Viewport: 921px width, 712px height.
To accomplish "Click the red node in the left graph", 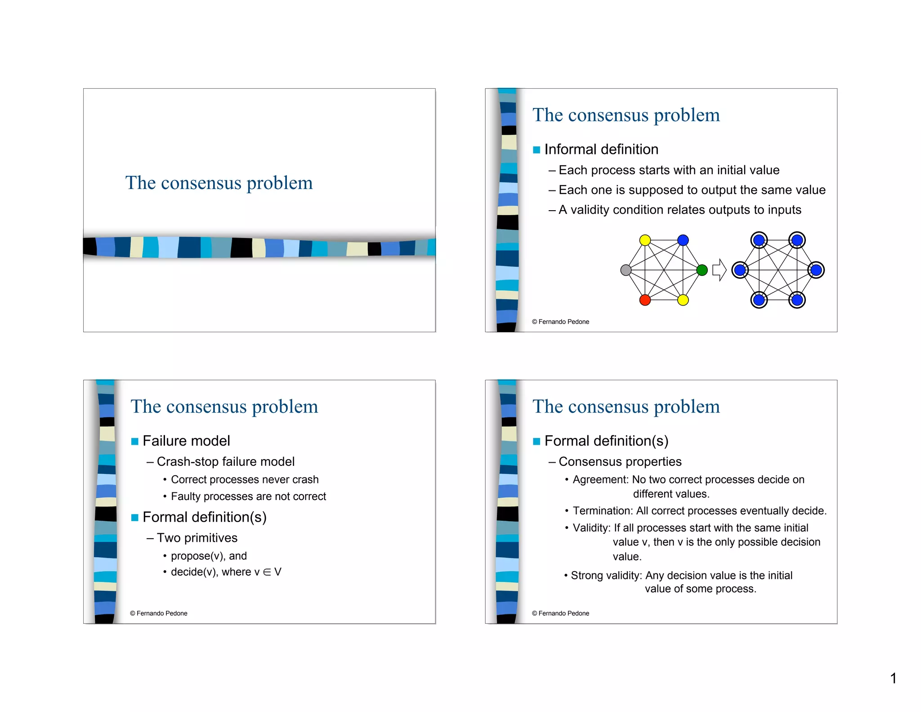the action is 645,300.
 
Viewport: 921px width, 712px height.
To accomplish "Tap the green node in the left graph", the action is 702,270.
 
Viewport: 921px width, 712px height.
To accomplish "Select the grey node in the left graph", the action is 626,270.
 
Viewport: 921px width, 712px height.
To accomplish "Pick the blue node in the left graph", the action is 683,240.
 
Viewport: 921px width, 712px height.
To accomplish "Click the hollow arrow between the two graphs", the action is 719,270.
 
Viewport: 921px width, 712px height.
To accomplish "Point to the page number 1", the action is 893,678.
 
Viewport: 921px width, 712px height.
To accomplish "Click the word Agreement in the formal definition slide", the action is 600,480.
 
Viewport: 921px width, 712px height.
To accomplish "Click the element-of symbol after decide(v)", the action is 267,572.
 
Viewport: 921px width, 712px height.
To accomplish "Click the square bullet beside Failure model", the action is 134,441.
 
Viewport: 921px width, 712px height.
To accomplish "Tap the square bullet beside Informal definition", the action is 537,150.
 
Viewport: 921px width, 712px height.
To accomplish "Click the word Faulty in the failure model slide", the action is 185,496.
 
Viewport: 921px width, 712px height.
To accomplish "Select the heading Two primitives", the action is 197,538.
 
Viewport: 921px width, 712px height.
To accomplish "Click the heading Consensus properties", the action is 620,462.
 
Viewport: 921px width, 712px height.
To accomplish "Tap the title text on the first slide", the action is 219,183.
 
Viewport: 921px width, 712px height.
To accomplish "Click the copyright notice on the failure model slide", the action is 159,613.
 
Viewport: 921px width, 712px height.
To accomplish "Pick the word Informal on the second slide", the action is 570,149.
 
